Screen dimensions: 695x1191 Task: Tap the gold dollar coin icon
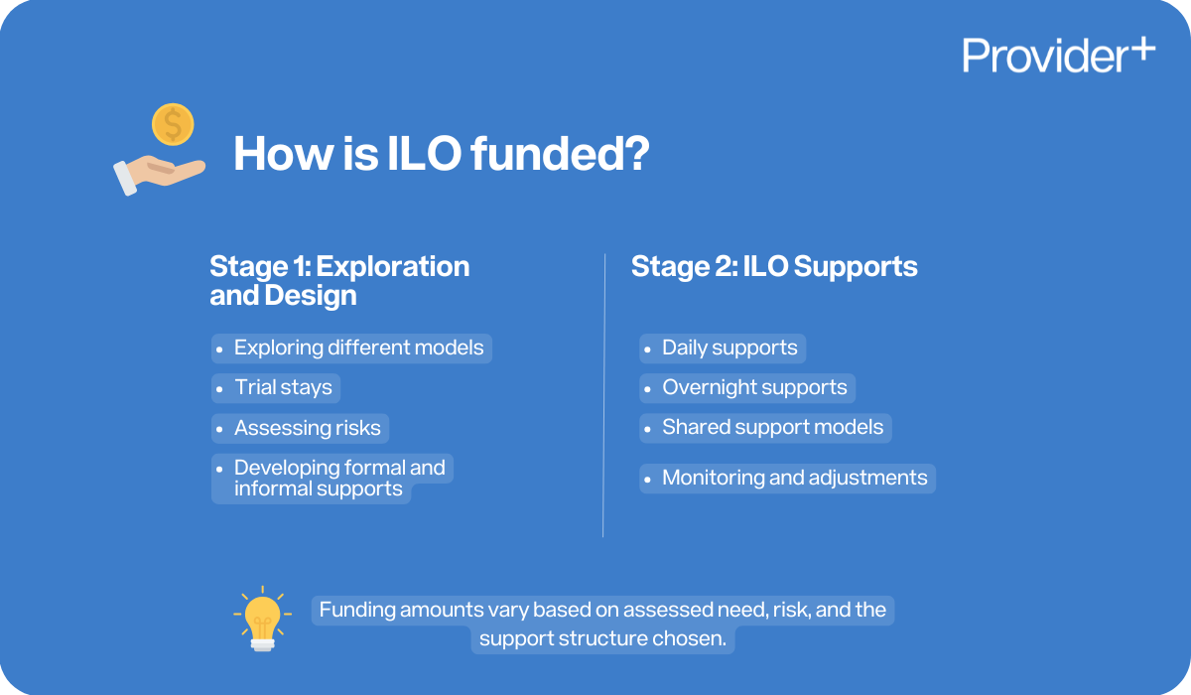pyautogui.click(x=173, y=125)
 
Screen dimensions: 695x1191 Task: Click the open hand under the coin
pyautogui.click(x=159, y=172)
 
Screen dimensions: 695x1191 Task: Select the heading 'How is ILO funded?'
pyautogui.click(x=441, y=155)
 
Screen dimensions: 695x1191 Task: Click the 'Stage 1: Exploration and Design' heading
pyautogui.click(x=339, y=281)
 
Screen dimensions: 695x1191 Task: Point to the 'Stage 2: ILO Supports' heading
pyautogui.click(x=774, y=267)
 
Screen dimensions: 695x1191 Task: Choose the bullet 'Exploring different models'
pyautogui.click(x=358, y=347)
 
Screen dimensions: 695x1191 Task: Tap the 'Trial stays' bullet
pyautogui.click(x=283, y=387)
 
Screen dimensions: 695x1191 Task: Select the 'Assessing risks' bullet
pyautogui.click(x=307, y=428)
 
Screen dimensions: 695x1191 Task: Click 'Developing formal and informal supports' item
pyautogui.click(x=338, y=478)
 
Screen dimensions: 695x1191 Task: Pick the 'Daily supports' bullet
pyautogui.click(x=729, y=347)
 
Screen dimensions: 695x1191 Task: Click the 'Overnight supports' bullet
pyautogui.click(x=754, y=387)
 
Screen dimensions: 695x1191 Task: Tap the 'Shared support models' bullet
pyautogui.click(x=772, y=427)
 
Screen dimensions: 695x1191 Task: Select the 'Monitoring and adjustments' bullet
pyautogui.click(x=794, y=478)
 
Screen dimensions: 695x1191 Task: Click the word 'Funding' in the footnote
pyautogui.click(x=356, y=610)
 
